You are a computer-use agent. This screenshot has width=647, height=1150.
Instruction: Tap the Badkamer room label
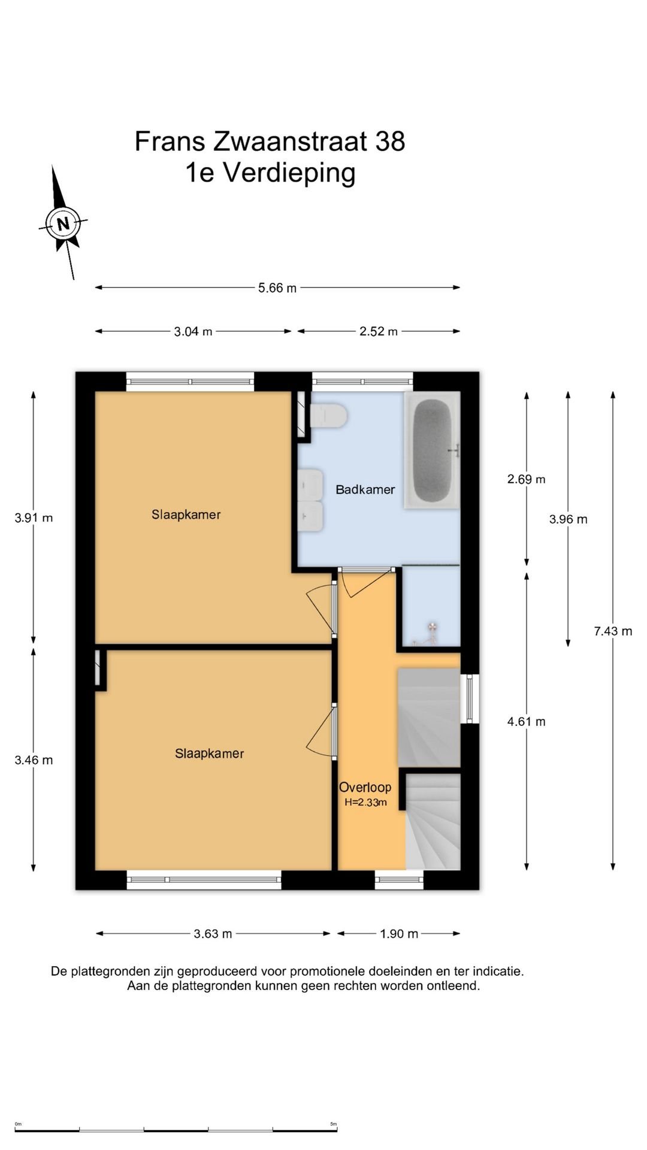pyautogui.click(x=365, y=489)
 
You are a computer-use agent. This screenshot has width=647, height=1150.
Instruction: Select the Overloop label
pyautogui.click(x=365, y=787)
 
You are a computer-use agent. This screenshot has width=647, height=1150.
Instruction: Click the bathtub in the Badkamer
pyautogui.click(x=432, y=450)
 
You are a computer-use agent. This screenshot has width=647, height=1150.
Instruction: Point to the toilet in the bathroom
pyautogui.click(x=328, y=415)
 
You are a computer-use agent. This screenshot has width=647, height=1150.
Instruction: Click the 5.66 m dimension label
pyautogui.click(x=277, y=288)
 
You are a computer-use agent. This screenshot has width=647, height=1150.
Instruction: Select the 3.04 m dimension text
pyautogui.click(x=193, y=331)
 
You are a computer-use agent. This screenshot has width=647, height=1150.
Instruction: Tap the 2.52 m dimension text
pyautogui.click(x=379, y=331)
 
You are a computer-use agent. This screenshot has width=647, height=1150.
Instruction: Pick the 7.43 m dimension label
pyautogui.click(x=613, y=631)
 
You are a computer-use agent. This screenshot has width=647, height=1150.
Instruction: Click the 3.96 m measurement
pyautogui.click(x=568, y=519)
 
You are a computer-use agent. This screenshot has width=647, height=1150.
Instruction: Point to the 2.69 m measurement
pyautogui.click(x=526, y=479)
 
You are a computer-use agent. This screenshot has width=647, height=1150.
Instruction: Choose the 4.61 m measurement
pyautogui.click(x=526, y=722)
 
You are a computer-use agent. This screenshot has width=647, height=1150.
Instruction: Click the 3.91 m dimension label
pyautogui.click(x=34, y=518)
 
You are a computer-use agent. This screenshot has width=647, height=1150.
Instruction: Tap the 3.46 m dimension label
pyautogui.click(x=34, y=760)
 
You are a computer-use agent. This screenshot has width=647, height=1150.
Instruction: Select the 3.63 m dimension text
pyautogui.click(x=213, y=934)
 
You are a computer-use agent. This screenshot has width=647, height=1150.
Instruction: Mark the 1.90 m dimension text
pyautogui.click(x=399, y=934)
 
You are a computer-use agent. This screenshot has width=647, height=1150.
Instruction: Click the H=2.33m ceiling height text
pyautogui.click(x=365, y=803)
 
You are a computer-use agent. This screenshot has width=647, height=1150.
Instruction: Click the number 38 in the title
pyautogui.click(x=390, y=141)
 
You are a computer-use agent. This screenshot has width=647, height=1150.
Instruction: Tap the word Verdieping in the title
pyautogui.click(x=289, y=173)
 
